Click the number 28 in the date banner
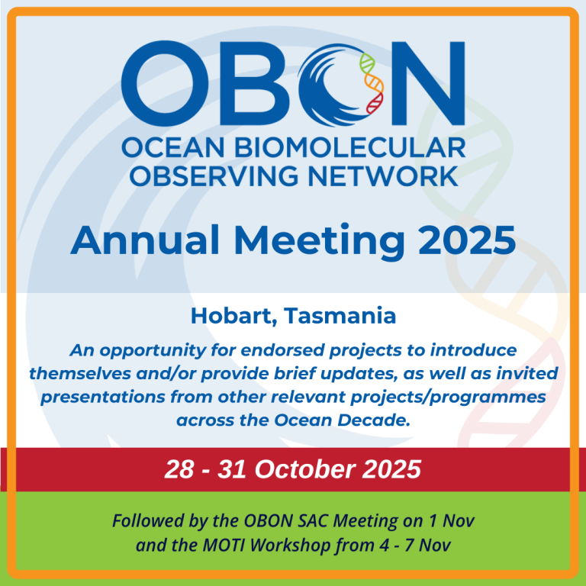pos(179,469)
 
